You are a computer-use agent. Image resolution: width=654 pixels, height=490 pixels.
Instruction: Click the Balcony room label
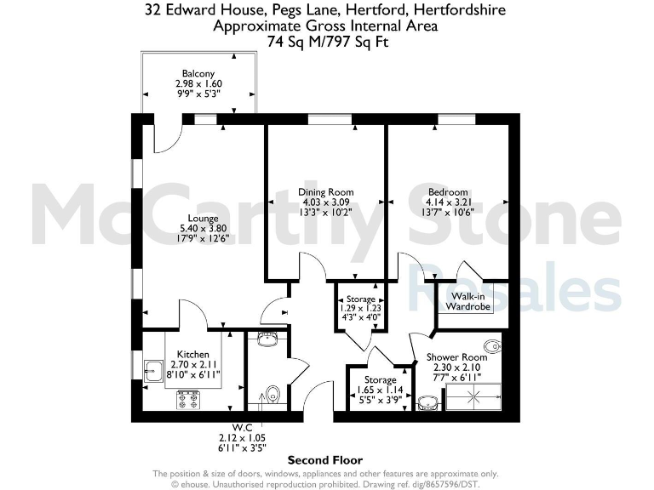click(x=198, y=73)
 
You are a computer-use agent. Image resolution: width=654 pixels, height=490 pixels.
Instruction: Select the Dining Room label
click(x=325, y=192)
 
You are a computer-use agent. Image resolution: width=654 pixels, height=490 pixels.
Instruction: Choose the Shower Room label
click(x=456, y=357)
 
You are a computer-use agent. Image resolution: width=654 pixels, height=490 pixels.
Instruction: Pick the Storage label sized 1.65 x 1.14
click(x=380, y=379)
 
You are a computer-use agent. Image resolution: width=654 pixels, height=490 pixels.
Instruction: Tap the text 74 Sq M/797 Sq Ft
click(x=326, y=41)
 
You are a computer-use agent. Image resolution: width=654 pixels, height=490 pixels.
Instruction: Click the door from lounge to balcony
click(x=167, y=136)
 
